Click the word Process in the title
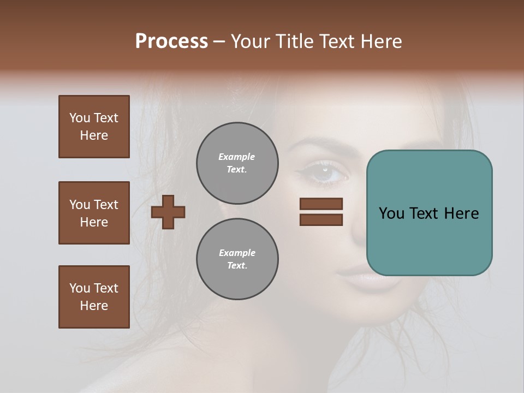171,41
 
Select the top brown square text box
94,127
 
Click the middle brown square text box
94,213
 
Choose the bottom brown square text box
94,297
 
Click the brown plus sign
168,212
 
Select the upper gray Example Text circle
237,163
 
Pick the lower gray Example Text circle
237,259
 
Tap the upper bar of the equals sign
321,204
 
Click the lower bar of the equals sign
321,220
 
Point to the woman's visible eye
328,173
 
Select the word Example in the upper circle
237,157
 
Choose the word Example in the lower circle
237,253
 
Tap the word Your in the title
251,41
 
